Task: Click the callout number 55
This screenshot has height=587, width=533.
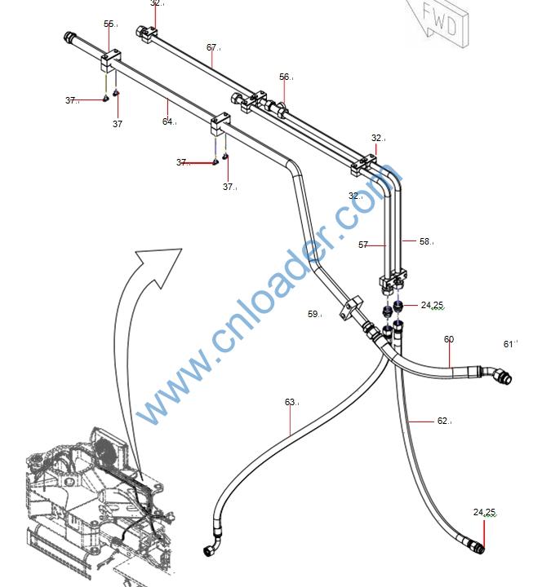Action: coord(109,24)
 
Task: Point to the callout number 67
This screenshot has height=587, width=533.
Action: coord(211,47)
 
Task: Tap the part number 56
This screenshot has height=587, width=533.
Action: coord(284,77)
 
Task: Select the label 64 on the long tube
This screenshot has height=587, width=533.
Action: coord(167,122)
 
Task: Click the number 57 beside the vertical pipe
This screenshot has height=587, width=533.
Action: coord(363,245)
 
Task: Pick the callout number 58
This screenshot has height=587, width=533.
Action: coord(424,241)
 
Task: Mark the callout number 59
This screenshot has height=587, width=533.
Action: coord(313,314)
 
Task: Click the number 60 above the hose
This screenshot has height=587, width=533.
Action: coord(448,339)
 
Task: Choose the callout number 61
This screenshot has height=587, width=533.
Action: coord(509,344)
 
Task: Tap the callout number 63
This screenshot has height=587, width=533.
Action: coord(290,402)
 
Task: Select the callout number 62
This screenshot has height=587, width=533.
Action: coord(442,421)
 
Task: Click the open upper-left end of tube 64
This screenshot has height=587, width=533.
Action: coord(69,36)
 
